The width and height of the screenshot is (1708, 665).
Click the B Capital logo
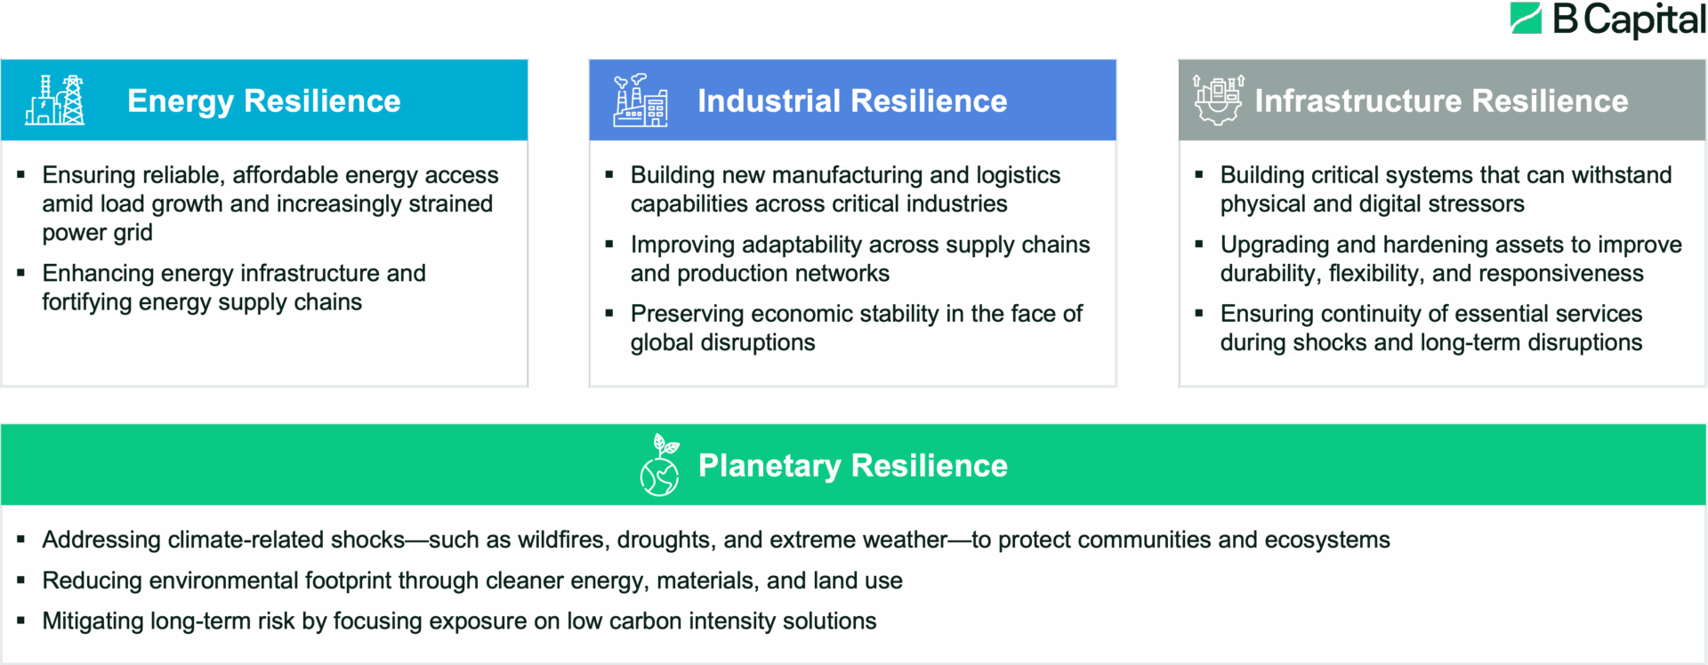[1607, 20]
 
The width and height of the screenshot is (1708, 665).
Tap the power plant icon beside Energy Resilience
[55, 100]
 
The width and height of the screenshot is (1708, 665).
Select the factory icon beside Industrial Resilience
[640, 100]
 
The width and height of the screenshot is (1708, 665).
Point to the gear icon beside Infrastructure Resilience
[1218, 100]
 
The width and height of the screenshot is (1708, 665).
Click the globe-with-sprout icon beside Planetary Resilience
[660, 464]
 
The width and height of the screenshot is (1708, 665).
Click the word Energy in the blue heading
[181, 101]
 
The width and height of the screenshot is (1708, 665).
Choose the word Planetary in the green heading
[769, 466]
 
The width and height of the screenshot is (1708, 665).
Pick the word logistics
[1019, 175]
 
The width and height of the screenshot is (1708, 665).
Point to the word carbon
[645, 621]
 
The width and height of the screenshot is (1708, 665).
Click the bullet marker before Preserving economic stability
[609, 313]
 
